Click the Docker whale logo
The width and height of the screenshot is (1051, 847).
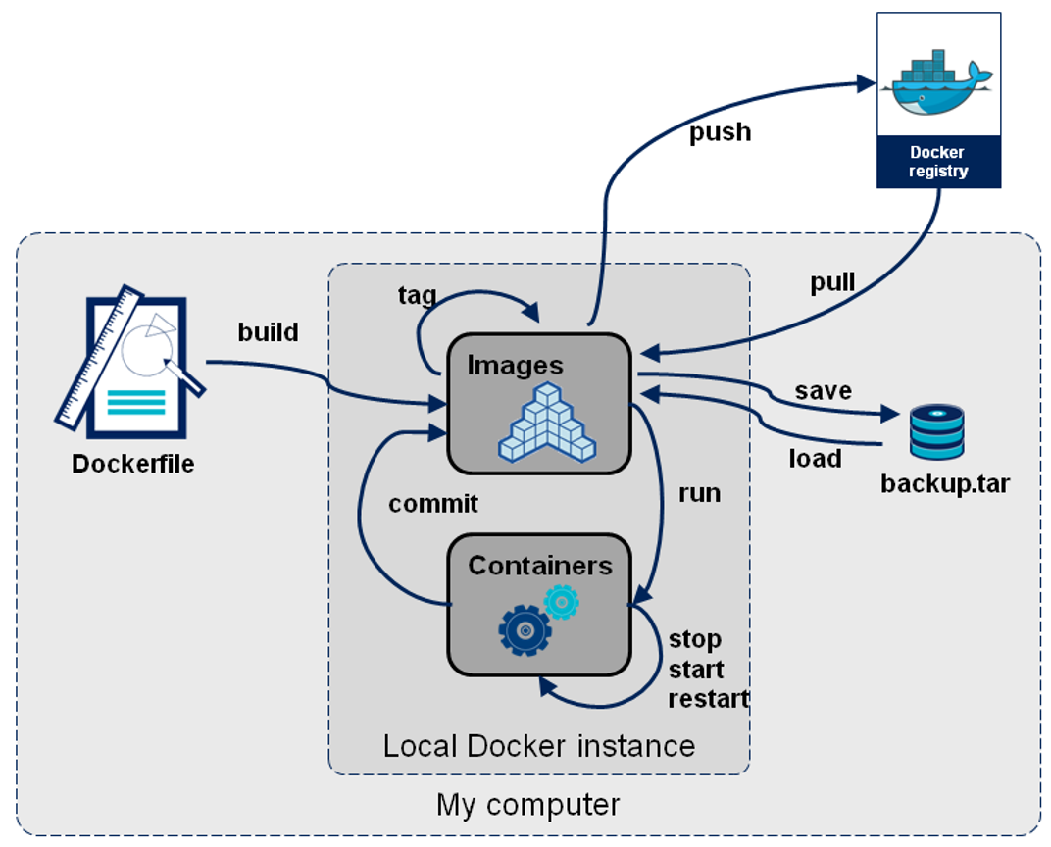937,81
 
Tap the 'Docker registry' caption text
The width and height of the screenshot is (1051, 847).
937,162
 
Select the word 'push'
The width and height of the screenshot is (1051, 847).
720,132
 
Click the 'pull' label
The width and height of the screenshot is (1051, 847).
832,282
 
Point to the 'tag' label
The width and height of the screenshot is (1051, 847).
417,295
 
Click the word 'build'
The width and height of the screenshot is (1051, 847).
268,332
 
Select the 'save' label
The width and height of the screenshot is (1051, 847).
823,390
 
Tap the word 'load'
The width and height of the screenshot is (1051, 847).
815,458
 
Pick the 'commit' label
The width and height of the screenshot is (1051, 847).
433,504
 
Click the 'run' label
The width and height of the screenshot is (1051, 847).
699,492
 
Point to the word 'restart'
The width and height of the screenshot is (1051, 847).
708,699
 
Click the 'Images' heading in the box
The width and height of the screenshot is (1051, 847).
515,366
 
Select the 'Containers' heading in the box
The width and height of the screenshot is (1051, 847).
539,566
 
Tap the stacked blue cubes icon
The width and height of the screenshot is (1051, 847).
546,423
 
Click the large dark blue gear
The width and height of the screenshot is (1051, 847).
525,629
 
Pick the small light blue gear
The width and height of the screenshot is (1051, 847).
562,601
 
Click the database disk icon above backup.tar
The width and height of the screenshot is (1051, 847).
936,432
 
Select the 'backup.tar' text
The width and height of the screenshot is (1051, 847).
944,484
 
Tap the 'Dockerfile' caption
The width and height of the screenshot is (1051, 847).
133,464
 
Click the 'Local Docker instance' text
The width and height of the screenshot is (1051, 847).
538,746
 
